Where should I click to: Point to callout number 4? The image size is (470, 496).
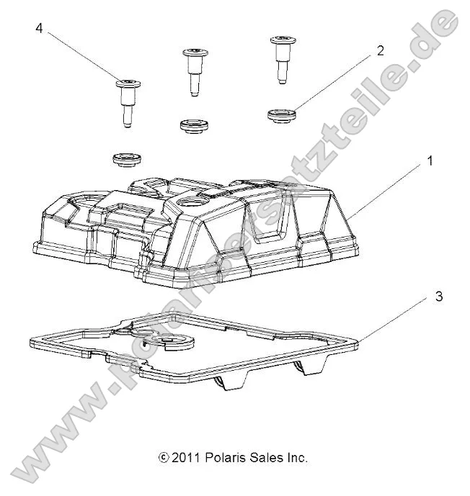(38, 28)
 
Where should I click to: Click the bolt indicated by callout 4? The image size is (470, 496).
(125, 102)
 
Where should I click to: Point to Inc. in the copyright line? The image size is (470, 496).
(297, 457)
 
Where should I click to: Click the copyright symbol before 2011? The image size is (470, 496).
(163, 457)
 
